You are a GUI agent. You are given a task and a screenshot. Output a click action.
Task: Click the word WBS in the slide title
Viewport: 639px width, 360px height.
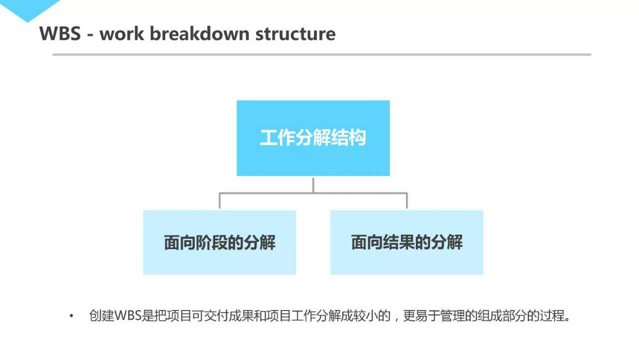60,34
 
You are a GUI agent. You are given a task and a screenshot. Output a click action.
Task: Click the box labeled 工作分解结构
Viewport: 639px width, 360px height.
313,138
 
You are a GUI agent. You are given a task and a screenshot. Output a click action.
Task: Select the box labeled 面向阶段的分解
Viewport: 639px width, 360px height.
220,243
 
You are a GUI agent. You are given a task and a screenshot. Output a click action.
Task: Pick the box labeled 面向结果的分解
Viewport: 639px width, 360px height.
407,243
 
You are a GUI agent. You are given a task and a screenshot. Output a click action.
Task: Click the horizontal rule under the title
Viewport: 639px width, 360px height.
321,54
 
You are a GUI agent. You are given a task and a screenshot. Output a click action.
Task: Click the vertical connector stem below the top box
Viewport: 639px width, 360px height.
313,184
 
